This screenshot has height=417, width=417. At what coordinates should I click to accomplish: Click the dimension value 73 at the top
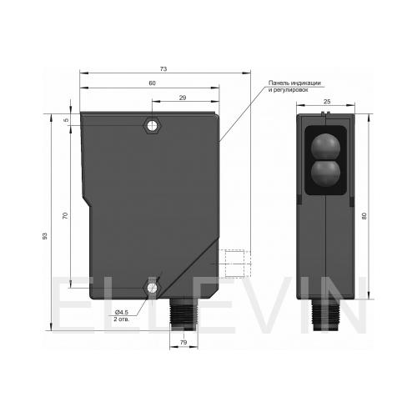point(163,68)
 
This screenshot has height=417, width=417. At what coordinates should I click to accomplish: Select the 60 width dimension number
point(152,83)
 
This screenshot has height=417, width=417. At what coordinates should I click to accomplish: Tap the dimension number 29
point(183,98)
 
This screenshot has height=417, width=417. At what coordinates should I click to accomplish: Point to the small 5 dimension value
point(66,120)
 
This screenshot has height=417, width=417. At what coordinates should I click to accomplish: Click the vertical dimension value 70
point(65,215)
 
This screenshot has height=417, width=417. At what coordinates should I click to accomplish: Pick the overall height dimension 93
point(45,236)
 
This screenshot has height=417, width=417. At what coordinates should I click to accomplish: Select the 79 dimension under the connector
point(183,343)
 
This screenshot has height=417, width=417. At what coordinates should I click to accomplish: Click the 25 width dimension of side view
point(327,102)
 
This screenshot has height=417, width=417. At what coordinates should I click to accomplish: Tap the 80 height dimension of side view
point(364,216)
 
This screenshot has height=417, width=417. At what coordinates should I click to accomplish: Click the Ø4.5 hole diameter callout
point(121,313)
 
